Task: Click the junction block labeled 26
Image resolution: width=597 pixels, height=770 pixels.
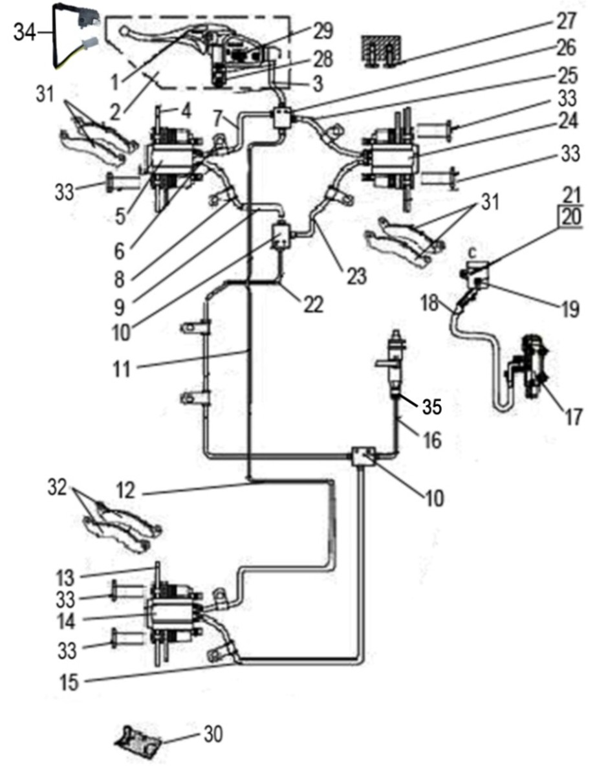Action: (x=281, y=119)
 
